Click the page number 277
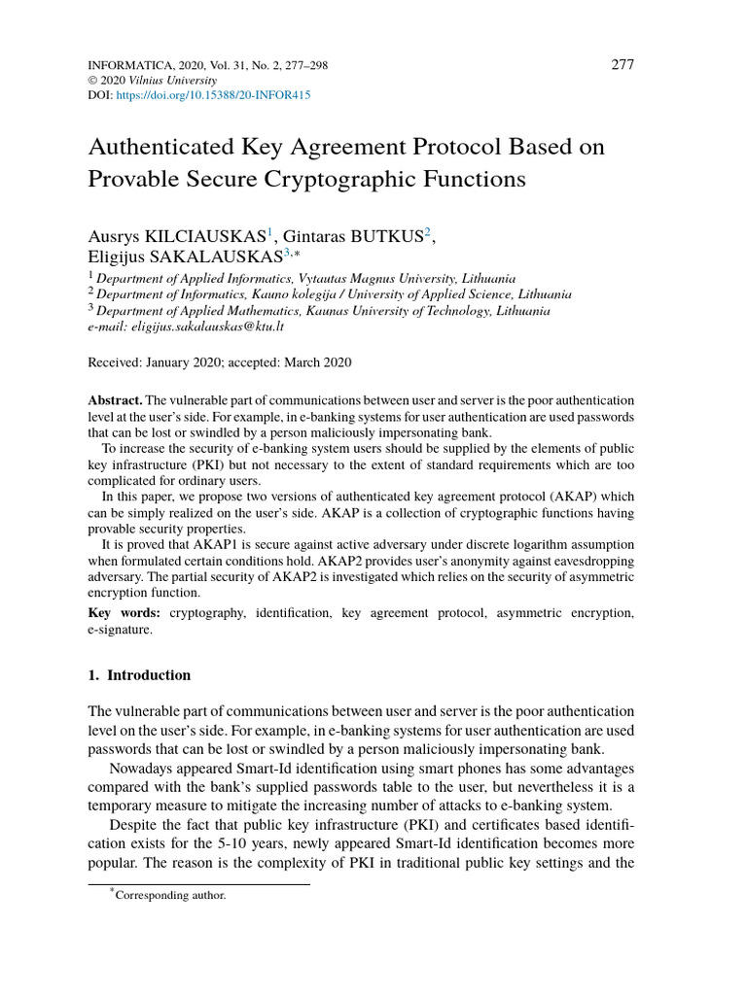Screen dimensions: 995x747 point(622,65)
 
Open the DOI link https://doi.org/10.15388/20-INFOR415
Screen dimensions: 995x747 point(213,96)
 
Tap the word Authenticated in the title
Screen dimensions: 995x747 point(158,147)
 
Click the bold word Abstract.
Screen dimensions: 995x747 point(116,401)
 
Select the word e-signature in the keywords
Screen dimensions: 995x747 point(120,630)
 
